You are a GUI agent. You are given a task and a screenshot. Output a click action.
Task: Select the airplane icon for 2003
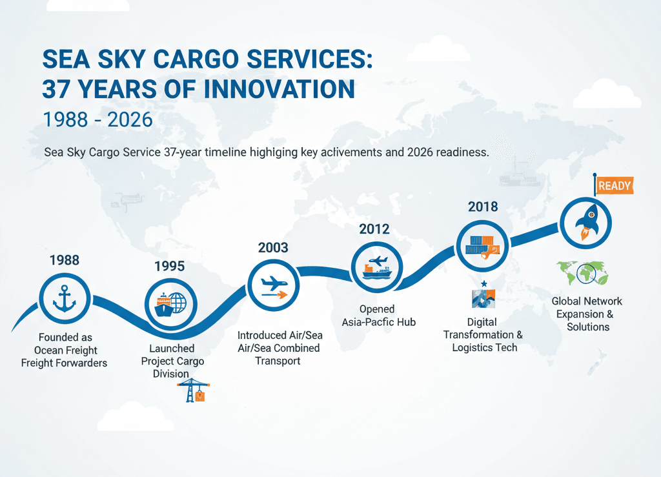click(x=274, y=286)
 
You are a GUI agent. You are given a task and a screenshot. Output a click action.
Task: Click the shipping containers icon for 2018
click(x=482, y=247)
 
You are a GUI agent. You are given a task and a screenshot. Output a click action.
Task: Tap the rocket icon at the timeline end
click(x=586, y=221)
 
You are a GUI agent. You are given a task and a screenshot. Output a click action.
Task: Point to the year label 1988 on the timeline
click(x=64, y=260)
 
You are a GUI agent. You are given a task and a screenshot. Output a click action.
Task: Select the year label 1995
click(x=169, y=266)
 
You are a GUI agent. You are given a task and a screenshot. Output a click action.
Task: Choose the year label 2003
click(x=273, y=247)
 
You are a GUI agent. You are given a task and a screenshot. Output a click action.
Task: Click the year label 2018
click(x=483, y=207)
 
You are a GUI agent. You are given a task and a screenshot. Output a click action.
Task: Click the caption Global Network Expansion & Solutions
click(x=587, y=314)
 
